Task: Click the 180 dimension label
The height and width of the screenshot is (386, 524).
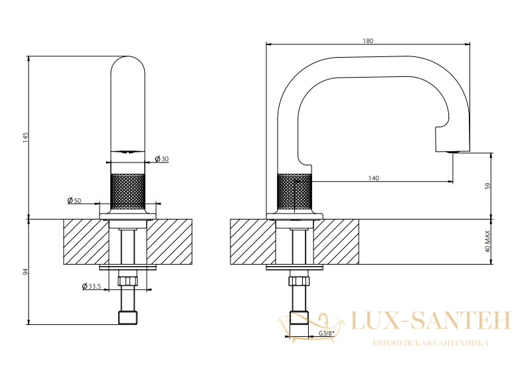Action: (368, 41)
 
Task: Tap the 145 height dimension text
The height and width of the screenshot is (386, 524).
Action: (26, 138)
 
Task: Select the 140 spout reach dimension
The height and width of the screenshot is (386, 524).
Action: (374, 178)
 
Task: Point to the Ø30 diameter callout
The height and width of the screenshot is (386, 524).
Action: (162, 159)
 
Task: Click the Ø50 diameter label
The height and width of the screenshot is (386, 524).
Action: (74, 200)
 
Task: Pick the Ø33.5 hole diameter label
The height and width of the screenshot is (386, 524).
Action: (92, 287)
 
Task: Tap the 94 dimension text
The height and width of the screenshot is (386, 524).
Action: (26, 271)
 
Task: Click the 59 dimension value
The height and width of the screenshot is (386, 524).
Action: (487, 186)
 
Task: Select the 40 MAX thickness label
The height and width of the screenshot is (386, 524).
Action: (487, 241)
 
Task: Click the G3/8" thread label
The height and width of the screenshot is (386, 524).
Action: (327, 333)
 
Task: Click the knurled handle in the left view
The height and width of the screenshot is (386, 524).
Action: (128, 192)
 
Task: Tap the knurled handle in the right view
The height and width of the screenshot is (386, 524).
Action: (294, 192)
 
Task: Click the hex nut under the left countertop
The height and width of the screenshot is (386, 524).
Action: (128, 281)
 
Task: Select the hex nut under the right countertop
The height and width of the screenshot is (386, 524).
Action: (299, 281)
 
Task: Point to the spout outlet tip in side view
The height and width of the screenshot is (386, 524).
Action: (452, 151)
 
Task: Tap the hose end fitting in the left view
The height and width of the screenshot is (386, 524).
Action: (128, 317)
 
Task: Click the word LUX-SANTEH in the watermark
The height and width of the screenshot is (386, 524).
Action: (430, 320)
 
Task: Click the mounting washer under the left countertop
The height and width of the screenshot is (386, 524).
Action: (128, 267)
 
